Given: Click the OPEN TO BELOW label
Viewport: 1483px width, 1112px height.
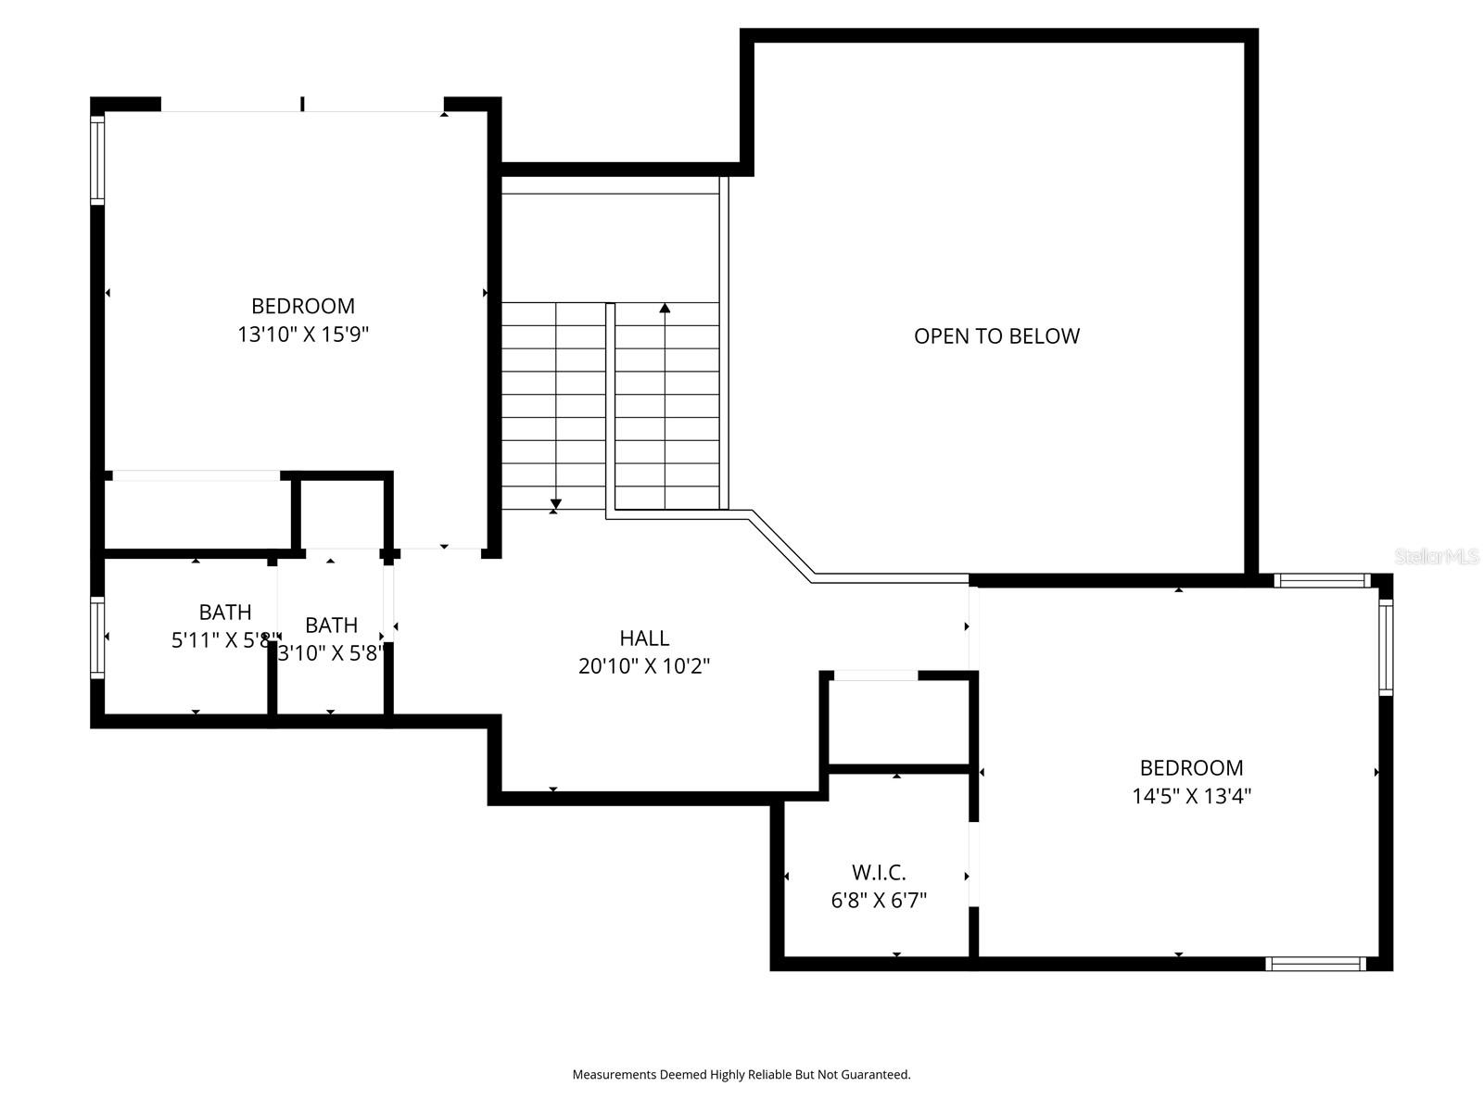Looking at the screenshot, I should click(996, 336).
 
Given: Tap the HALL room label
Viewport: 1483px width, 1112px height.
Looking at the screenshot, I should click(644, 638).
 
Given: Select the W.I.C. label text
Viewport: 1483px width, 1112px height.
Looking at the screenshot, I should click(879, 872).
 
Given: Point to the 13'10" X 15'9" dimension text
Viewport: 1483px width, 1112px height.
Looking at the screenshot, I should click(303, 335).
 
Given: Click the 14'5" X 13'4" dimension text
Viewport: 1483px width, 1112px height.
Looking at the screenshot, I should click(1191, 796).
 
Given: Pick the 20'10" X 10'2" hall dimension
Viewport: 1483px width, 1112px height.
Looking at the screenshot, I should click(644, 666).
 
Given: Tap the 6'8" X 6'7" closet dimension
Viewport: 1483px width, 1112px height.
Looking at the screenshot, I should click(879, 900).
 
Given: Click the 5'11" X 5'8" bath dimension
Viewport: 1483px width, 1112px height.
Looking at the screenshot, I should click(224, 640).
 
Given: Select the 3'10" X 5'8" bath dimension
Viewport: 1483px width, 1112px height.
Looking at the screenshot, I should click(331, 653).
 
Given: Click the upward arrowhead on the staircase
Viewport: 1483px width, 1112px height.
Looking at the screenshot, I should click(665, 309).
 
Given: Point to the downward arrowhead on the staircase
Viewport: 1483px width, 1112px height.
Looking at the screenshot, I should click(555, 504).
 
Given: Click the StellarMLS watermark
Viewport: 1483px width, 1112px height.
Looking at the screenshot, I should click(1437, 556).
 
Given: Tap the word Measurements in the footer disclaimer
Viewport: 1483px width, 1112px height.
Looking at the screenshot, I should click(614, 1075).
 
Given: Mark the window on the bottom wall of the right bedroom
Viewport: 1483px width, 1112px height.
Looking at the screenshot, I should click(1315, 964).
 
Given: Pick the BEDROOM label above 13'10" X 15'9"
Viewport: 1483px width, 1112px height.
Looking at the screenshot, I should click(303, 306).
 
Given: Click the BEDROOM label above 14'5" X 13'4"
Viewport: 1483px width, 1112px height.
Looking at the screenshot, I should click(1191, 767).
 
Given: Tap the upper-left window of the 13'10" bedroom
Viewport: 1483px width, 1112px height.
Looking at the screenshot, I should click(96, 158).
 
